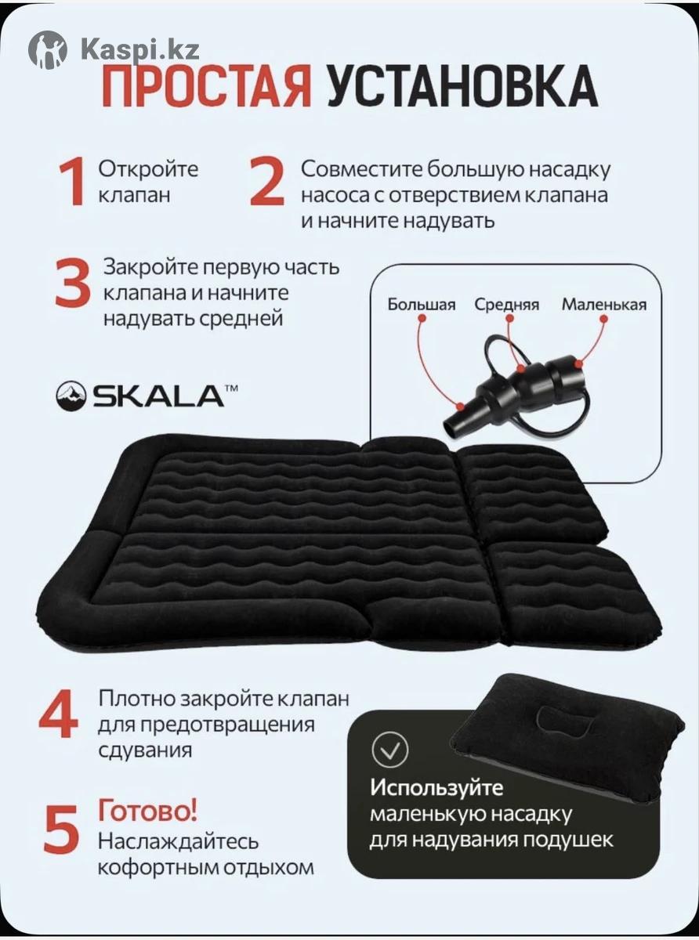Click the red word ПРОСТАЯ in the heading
[x=207, y=86]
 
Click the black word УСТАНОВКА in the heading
[x=462, y=86]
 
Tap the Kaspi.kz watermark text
[x=140, y=49]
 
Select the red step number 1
[x=72, y=183]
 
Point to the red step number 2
[x=266, y=183]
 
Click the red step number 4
[x=59, y=714]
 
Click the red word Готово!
[x=148, y=811]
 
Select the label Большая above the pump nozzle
[x=421, y=305]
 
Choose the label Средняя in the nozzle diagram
[x=507, y=305]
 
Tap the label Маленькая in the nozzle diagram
[x=604, y=305]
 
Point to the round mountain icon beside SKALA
[x=71, y=396]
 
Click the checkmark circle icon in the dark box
[x=390, y=750]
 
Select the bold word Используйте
[x=437, y=788]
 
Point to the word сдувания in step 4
[x=145, y=750]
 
